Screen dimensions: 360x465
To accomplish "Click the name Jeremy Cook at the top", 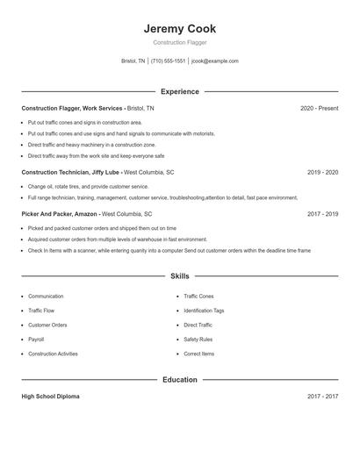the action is [x=180, y=29].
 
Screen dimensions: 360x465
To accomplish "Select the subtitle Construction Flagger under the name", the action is [x=180, y=42].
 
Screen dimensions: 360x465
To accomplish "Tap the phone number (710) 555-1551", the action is [x=168, y=61].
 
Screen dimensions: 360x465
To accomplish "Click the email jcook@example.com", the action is [x=214, y=61].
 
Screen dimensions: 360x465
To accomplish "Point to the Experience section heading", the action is [x=180, y=91].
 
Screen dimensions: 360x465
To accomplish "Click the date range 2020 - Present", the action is [x=319, y=108].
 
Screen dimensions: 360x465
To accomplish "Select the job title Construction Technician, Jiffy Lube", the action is [x=70, y=172].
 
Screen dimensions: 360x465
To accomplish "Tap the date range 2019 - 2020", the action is [x=322, y=172].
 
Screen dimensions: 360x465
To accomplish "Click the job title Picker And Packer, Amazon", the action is [x=60, y=213].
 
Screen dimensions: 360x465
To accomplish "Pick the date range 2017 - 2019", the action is [x=322, y=213].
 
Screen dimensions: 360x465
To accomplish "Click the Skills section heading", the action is [x=180, y=276].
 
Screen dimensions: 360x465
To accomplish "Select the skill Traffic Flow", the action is [x=41, y=311].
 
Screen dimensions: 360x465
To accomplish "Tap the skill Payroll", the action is [x=36, y=339].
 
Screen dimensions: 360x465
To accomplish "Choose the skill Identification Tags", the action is [x=204, y=311].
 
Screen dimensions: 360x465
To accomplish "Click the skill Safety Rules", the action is [x=198, y=339].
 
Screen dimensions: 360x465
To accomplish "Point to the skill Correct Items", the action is [x=198, y=354].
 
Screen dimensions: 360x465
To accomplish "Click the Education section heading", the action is [x=180, y=380].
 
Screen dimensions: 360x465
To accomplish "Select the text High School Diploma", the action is [x=50, y=397].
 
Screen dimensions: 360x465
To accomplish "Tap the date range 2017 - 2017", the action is [x=322, y=397].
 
